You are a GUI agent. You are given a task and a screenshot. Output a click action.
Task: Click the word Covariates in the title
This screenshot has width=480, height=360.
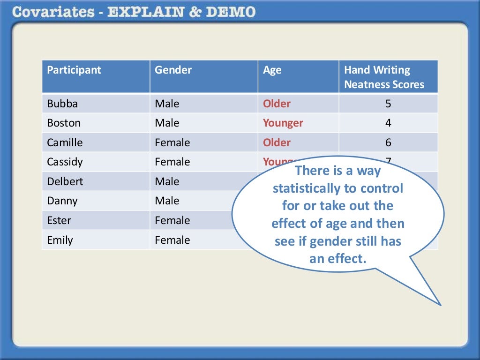click(x=52, y=12)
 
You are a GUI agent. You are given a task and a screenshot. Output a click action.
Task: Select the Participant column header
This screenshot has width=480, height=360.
click(x=74, y=70)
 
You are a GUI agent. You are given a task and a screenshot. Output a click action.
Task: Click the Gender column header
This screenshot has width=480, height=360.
click(x=173, y=70)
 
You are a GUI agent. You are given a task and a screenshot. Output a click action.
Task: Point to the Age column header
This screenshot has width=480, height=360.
click(x=272, y=70)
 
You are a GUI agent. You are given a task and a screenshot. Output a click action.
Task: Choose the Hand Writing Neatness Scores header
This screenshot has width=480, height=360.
click(x=384, y=77)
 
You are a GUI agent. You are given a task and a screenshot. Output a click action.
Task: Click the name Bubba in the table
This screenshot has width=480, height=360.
click(x=62, y=104)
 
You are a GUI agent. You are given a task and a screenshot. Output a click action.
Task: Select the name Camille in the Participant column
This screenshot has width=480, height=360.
click(x=65, y=142)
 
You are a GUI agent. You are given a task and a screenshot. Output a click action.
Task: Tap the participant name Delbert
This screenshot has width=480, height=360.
click(x=65, y=181)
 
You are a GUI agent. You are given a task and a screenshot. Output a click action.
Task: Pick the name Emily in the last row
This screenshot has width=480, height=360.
click(x=60, y=240)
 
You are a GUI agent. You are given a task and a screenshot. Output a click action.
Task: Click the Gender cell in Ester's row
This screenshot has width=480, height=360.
click(x=172, y=220)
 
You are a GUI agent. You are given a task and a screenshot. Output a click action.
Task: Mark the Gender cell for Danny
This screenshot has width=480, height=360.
click(x=167, y=201)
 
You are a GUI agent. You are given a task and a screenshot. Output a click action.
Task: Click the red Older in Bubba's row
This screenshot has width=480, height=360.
click(x=277, y=104)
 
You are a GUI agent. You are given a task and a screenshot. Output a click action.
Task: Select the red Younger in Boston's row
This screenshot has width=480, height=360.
click(x=283, y=123)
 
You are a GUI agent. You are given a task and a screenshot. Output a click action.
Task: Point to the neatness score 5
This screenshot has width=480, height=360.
click(x=388, y=104)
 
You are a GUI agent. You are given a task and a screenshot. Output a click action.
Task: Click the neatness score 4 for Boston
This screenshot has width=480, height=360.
click(x=388, y=123)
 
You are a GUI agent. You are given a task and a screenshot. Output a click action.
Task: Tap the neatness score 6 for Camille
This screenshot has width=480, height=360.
click(x=388, y=142)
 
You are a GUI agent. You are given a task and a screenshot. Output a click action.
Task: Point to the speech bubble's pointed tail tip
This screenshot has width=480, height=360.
click(x=441, y=305)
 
